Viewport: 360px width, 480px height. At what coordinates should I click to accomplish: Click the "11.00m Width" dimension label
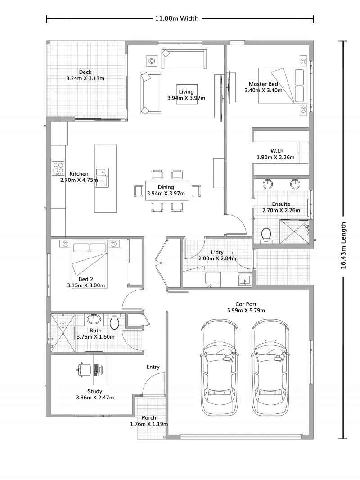(177, 19)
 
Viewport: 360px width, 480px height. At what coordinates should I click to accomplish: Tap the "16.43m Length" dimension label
(344, 245)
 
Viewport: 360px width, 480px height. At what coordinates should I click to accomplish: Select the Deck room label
(85, 72)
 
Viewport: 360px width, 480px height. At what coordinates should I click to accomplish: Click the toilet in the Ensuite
(266, 235)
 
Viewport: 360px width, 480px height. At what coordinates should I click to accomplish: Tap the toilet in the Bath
(115, 323)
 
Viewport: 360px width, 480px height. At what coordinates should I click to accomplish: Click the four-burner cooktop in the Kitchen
(58, 168)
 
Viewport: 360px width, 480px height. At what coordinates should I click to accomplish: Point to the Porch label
(149, 418)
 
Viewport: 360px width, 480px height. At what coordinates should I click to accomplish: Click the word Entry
(153, 367)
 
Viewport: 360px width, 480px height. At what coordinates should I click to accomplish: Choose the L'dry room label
(217, 252)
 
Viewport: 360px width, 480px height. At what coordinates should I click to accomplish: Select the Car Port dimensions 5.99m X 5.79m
(246, 310)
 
